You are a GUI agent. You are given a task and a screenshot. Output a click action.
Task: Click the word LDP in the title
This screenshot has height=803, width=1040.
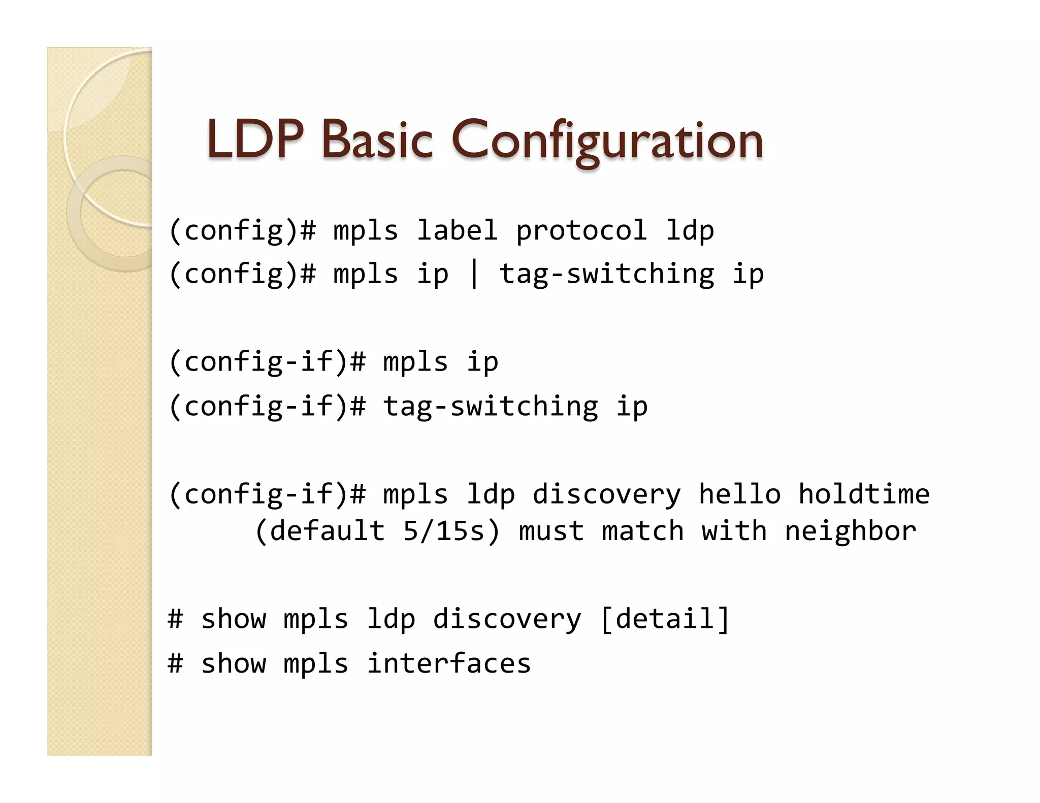tap(255, 140)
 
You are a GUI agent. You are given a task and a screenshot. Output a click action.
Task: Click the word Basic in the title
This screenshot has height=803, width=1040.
tap(377, 140)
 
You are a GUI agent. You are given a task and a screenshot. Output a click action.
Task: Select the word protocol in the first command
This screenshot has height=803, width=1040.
tap(581, 231)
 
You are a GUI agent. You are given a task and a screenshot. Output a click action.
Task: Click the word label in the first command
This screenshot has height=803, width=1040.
tap(457, 231)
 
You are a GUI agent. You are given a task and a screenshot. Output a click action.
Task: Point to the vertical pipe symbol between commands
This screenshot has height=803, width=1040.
tap(474, 274)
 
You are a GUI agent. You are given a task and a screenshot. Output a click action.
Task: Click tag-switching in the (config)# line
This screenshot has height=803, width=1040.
tap(607, 275)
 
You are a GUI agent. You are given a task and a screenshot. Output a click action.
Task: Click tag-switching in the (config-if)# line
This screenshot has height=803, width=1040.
tap(491, 407)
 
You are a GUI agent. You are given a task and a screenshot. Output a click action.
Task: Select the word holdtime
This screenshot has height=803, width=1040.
tap(864, 494)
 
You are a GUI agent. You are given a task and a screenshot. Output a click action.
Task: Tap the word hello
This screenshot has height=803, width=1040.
tap(739, 494)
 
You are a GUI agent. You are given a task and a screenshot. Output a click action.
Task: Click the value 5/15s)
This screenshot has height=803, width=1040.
tap(451, 531)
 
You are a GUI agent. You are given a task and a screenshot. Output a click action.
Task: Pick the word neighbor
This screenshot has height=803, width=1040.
tap(851, 531)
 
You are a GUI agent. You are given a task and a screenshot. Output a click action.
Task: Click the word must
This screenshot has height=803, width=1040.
tap(551, 531)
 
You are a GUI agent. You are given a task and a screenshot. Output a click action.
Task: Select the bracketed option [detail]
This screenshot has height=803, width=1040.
tap(665, 619)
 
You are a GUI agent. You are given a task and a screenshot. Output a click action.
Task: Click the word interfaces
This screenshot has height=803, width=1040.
tap(449, 663)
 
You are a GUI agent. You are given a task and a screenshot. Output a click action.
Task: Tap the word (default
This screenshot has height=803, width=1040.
tap(320, 531)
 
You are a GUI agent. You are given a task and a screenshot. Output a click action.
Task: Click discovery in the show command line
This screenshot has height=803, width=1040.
tap(507, 619)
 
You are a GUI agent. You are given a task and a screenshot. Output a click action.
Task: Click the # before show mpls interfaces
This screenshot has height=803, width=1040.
tap(175, 663)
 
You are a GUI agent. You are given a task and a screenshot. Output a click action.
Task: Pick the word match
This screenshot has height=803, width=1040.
tap(642, 531)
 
